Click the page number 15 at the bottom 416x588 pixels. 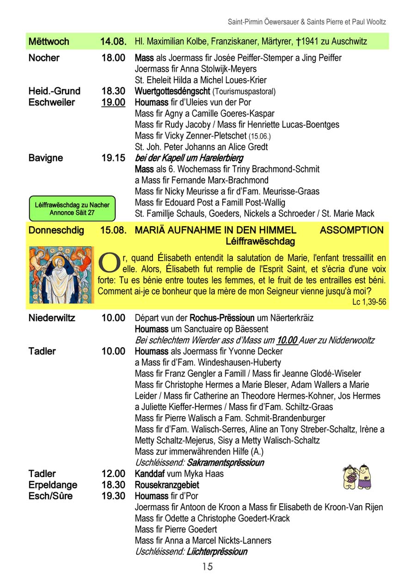[x=207, y=566]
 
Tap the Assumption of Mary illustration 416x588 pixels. [x=60, y=275]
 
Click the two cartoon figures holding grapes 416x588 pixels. [x=357, y=476]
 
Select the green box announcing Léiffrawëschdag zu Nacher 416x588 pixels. [x=72, y=209]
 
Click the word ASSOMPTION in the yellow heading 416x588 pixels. [x=351, y=230]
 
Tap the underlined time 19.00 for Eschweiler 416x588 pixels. [x=113, y=102]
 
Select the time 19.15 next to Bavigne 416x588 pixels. [x=113, y=158]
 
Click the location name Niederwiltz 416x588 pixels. [x=52, y=318]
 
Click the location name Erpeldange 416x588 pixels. [x=53, y=485]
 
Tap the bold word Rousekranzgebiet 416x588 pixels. [x=167, y=485]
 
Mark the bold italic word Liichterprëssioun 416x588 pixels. [x=217, y=551]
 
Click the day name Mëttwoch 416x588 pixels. [x=49, y=42]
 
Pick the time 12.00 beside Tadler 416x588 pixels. [x=113, y=474]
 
